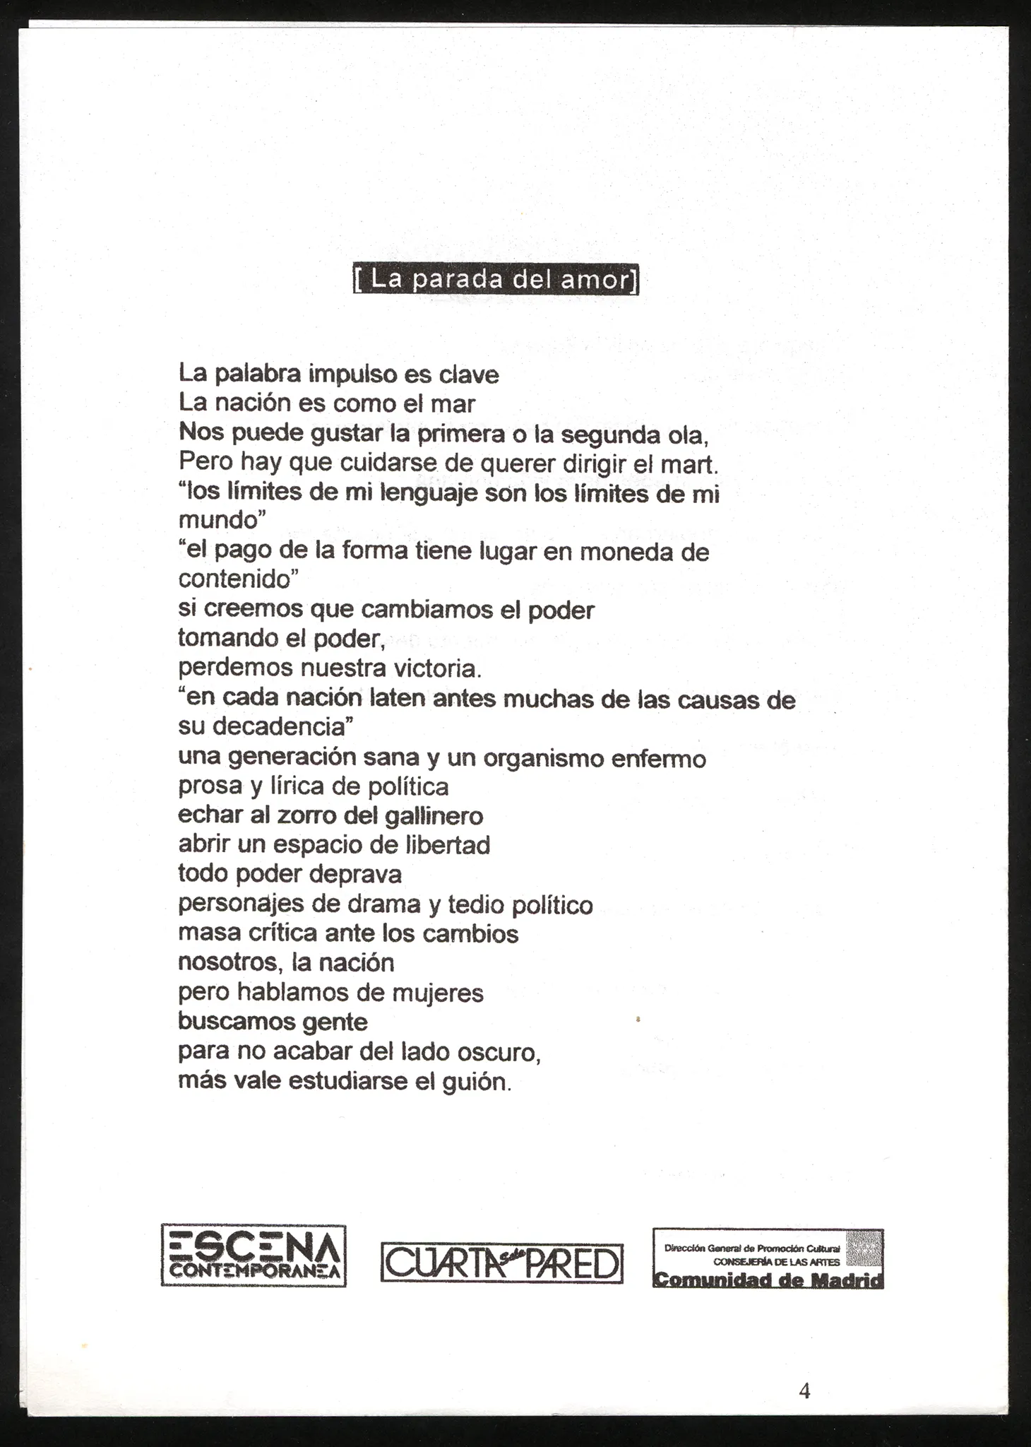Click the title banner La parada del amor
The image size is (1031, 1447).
click(496, 279)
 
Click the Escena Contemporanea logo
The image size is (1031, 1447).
click(254, 1256)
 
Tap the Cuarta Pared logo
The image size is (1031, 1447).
click(501, 1263)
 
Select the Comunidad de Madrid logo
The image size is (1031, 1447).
click(768, 1258)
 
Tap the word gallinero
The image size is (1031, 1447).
click(434, 817)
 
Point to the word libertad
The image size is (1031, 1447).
click(448, 845)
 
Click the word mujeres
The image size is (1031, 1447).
click(437, 993)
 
